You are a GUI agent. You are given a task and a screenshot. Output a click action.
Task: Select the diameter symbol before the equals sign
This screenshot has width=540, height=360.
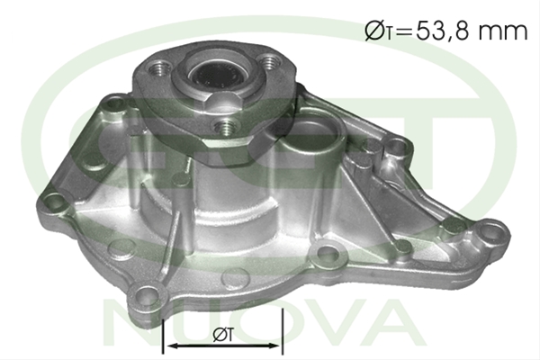coord(374,31)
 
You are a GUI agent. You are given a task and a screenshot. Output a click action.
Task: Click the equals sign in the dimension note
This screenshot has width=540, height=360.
coord(404,32)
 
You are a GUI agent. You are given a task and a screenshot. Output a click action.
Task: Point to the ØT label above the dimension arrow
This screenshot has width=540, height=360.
coord(224,334)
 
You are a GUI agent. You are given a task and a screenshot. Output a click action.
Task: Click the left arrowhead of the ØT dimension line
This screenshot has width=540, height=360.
coord(169,346)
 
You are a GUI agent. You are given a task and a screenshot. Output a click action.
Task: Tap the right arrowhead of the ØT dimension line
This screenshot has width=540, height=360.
coord(275,346)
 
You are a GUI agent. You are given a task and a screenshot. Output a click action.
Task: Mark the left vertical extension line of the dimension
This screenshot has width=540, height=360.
coord(163,337)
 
